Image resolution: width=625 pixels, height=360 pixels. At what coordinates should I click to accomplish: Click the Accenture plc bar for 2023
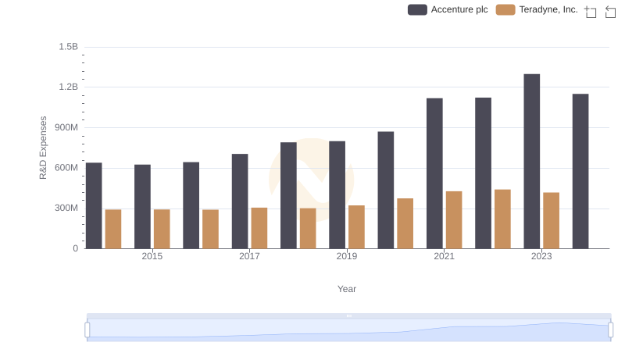pyautogui.click(x=532, y=162)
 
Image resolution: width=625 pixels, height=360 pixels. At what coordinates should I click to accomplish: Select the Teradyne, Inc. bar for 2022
pyautogui.click(x=502, y=219)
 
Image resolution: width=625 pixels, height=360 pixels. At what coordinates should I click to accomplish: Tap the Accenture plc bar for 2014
pyautogui.click(x=94, y=205)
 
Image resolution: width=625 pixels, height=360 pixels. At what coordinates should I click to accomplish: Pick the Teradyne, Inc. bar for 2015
pyautogui.click(x=162, y=229)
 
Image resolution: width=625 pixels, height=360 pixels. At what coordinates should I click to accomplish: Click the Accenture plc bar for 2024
pyautogui.click(x=580, y=171)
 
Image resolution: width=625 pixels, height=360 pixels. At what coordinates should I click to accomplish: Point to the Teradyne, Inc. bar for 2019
pyautogui.click(x=356, y=226)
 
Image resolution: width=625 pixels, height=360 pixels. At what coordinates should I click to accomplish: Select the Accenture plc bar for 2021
pyautogui.click(x=434, y=173)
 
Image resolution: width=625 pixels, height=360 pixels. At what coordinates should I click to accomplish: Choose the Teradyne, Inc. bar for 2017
pyautogui.click(x=259, y=228)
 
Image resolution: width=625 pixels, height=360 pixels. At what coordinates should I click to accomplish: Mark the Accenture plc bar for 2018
pyautogui.click(x=288, y=195)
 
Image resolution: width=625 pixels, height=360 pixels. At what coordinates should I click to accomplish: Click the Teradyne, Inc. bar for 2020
pyautogui.click(x=405, y=223)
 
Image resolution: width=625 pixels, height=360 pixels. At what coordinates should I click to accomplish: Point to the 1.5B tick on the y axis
pyautogui.click(x=68, y=47)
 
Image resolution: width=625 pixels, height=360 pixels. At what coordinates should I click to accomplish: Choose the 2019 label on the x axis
pyautogui.click(x=347, y=256)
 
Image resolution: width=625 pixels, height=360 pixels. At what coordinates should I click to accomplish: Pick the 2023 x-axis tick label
pyautogui.click(x=541, y=256)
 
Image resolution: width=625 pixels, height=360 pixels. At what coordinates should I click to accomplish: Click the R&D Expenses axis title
pyautogui.click(x=44, y=148)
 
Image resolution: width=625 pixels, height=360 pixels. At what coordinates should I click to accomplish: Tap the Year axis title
pyautogui.click(x=347, y=289)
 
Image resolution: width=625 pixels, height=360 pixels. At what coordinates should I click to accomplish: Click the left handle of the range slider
pyautogui.click(x=87, y=330)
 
